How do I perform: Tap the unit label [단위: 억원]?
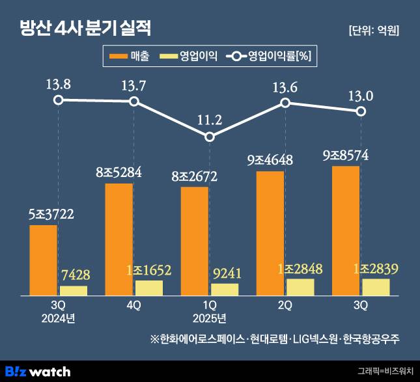[x=374, y=30]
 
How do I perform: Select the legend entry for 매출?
[x=130, y=57]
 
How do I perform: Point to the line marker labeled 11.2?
[x=209, y=137]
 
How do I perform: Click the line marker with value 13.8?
[x=59, y=100]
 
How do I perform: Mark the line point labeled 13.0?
[x=360, y=111]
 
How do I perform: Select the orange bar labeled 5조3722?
[x=44, y=260]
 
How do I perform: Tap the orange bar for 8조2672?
[x=195, y=241]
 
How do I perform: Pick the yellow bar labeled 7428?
[x=74, y=290]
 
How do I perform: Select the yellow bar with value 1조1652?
[x=149, y=288]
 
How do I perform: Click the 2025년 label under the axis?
[x=210, y=318]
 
